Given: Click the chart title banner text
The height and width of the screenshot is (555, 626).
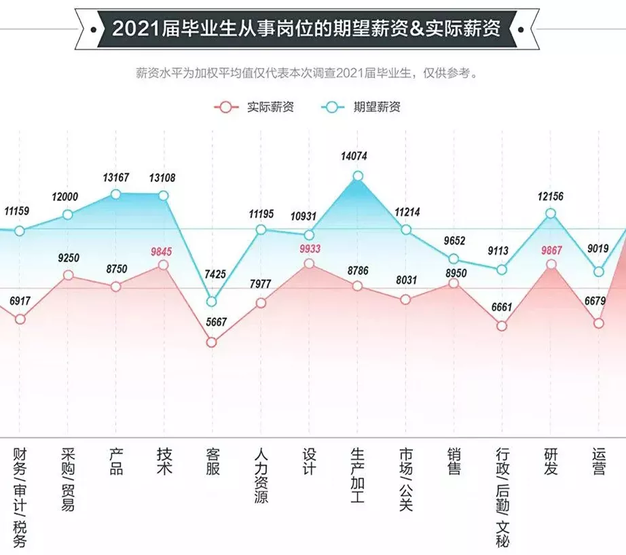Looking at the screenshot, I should [306, 29].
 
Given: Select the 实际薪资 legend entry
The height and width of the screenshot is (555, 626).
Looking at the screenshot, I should [256, 107].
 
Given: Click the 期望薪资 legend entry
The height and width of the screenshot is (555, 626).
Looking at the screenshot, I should [363, 107].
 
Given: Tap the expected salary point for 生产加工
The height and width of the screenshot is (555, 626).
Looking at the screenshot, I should [358, 177].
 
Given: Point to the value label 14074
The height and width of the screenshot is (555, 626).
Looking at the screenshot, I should [354, 156].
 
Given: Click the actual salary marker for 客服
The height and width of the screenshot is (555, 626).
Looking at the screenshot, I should [211, 342].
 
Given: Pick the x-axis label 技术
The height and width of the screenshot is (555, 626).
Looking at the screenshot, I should [164, 461].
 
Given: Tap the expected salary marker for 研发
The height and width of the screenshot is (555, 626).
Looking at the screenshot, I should [551, 213].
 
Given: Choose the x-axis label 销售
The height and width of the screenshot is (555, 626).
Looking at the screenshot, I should [454, 461].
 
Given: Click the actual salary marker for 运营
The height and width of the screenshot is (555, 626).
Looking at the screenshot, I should [598, 323].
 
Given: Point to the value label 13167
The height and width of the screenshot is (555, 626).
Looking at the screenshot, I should [116, 178].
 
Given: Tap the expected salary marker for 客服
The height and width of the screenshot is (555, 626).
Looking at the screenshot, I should [211, 301].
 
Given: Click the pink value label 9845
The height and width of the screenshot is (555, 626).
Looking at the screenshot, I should [162, 251].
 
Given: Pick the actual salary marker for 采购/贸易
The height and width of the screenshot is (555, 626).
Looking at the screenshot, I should [68, 275].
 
